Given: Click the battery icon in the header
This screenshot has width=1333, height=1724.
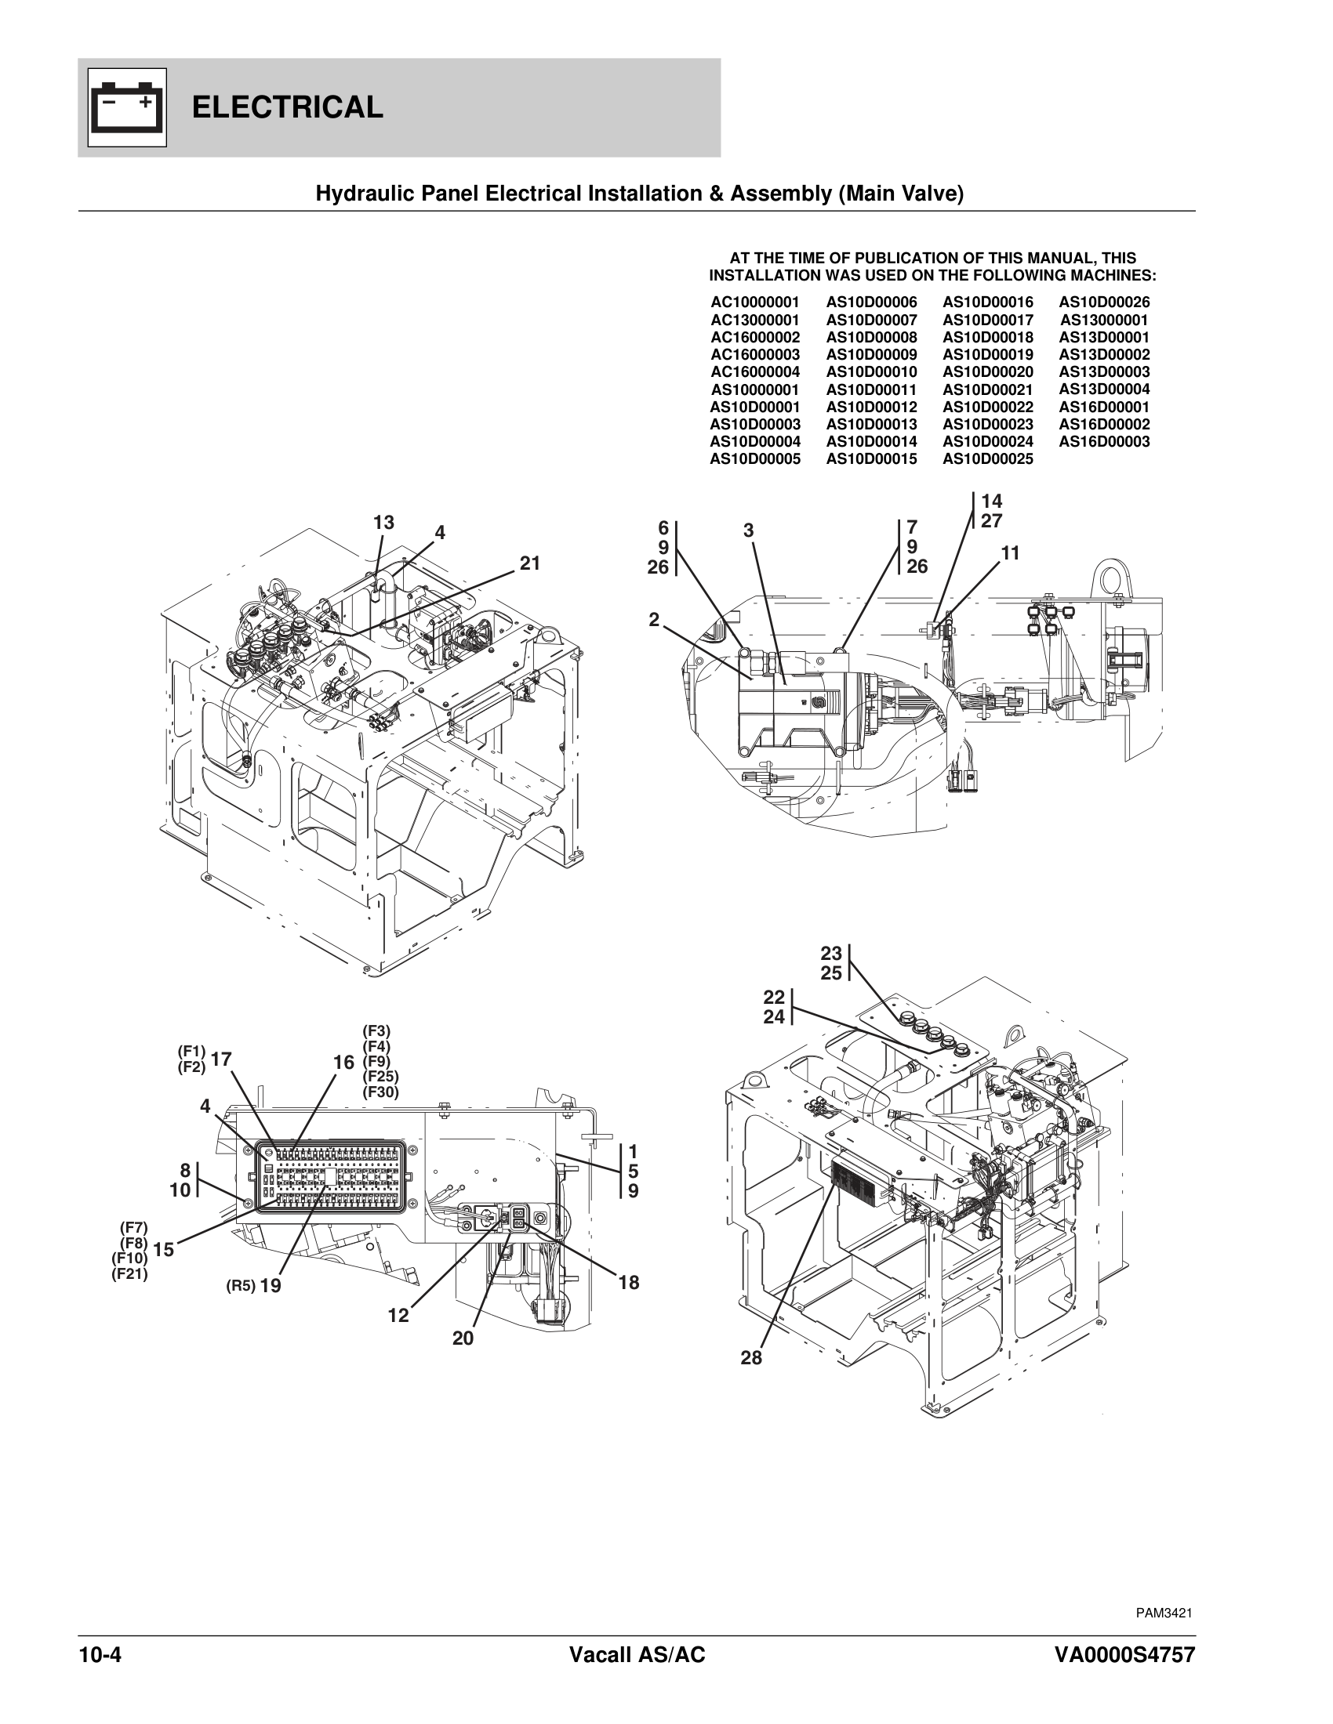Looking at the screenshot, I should pyautogui.click(x=127, y=107).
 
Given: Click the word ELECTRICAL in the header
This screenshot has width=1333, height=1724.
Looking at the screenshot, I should pyautogui.click(x=288, y=107).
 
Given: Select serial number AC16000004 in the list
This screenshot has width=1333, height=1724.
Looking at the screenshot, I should pyautogui.click(x=755, y=371).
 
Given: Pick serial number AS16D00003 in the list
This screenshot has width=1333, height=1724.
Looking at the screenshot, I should pyautogui.click(x=1104, y=442).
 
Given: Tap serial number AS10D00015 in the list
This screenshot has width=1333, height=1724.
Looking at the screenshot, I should pyautogui.click(x=872, y=459).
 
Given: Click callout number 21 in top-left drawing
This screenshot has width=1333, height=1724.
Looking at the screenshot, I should pyautogui.click(x=530, y=563).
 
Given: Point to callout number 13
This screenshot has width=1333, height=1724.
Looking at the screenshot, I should pyautogui.click(x=383, y=523).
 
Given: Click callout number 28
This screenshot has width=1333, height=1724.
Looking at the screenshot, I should pyautogui.click(x=751, y=1359).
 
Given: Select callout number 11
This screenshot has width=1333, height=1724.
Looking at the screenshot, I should pyautogui.click(x=1011, y=554).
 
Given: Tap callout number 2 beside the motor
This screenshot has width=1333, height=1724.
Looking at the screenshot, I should pyautogui.click(x=654, y=620).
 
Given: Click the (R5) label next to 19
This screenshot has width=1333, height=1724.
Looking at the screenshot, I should pyautogui.click(x=240, y=1286).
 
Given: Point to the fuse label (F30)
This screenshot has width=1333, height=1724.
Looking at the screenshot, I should pyautogui.click(x=380, y=1093).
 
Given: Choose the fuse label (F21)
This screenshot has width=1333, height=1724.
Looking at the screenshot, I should pyautogui.click(x=129, y=1273).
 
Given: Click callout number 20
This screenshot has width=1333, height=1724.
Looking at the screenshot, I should pyautogui.click(x=463, y=1338).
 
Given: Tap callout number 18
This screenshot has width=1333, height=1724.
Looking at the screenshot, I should pyautogui.click(x=629, y=1283).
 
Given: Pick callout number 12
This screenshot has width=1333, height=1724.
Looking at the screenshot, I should pyautogui.click(x=399, y=1316).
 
